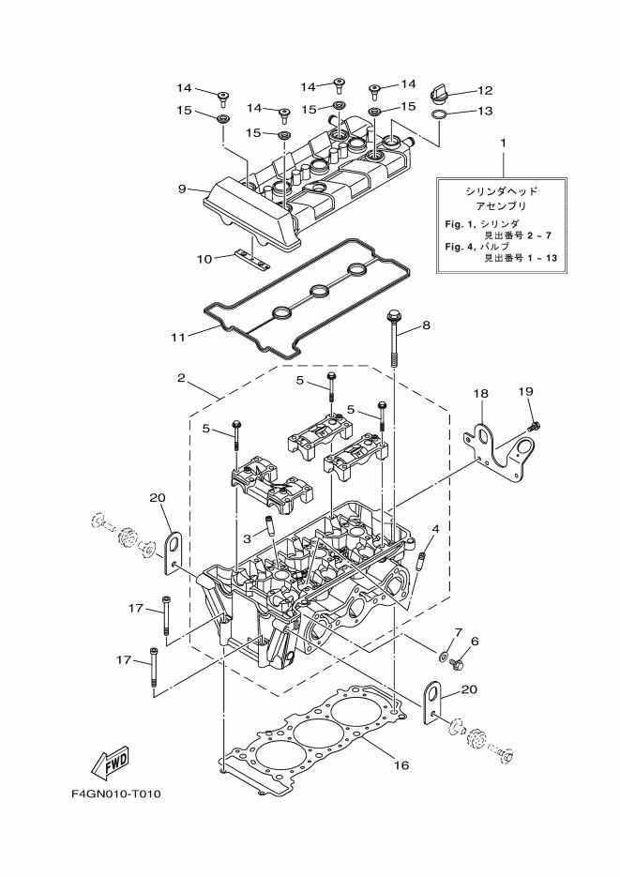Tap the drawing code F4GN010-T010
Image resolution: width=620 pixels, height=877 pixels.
[x=115, y=794]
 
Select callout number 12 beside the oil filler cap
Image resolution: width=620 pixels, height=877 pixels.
[x=485, y=91]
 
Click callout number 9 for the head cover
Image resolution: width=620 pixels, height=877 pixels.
[x=184, y=189]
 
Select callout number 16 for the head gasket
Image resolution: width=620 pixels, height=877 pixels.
[x=401, y=765]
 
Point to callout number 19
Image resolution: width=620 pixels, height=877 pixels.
[x=526, y=391]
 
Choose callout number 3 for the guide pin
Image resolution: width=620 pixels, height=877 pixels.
[x=247, y=538]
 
